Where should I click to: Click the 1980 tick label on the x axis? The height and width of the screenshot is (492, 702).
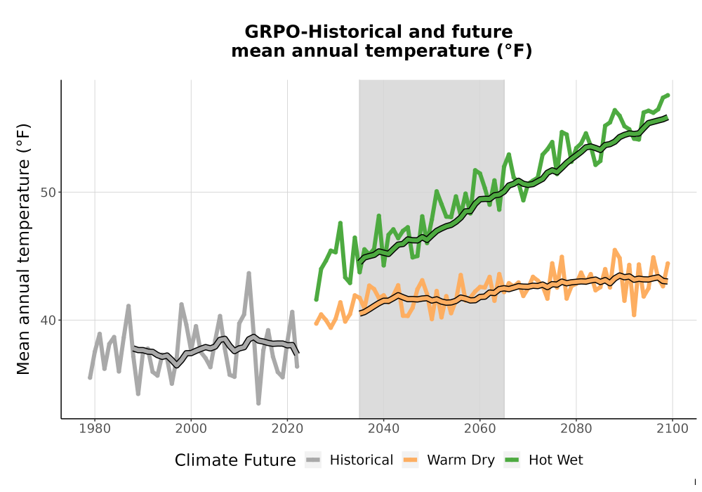[x=95, y=429]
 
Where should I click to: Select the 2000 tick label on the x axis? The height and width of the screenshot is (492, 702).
[x=191, y=429]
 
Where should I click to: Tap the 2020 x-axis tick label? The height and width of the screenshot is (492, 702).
[x=287, y=429]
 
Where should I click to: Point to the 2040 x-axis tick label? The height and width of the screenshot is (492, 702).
[x=384, y=429]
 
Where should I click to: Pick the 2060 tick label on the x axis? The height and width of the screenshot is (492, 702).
[x=480, y=429]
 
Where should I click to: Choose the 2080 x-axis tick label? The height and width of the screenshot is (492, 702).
[x=576, y=429]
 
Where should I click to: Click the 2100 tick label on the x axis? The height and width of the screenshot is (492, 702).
[x=673, y=429]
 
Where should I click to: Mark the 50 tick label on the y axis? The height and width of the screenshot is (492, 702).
[x=48, y=193]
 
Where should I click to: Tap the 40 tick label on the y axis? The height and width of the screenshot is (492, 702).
[x=48, y=321]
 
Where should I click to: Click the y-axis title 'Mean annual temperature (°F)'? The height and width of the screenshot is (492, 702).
[x=23, y=249]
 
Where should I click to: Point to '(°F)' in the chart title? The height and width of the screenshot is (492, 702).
[x=515, y=51]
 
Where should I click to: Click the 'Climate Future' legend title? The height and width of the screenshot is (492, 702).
[x=235, y=460]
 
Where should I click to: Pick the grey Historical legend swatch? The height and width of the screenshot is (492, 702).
[x=313, y=460]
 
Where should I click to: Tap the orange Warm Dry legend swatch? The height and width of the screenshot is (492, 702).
[x=410, y=460]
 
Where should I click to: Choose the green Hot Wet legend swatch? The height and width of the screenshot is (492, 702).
[x=512, y=460]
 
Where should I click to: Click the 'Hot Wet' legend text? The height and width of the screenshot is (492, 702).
[x=555, y=460]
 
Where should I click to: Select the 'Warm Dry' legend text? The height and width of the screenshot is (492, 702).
[x=461, y=460]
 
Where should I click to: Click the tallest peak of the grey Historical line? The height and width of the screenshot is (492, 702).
[x=249, y=273]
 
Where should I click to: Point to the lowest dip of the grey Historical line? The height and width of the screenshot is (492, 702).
[x=258, y=403]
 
